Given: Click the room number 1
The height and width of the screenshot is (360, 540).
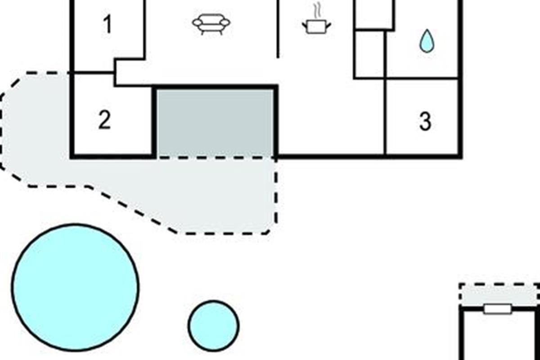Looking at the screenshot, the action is pyautogui.click(x=107, y=24).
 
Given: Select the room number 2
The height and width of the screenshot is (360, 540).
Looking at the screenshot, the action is pyautogui.click(x=104, y=120).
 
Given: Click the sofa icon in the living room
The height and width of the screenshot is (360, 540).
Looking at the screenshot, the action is pyautogui.click(x=211, y=24).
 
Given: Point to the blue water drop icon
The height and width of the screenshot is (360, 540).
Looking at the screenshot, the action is pyautogui.click(x=427, y=41).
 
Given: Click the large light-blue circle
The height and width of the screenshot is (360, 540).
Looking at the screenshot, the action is pyautogui.click(x=75, y=287).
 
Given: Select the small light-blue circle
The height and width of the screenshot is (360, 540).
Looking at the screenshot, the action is pyautogui.click(x=214, y=325).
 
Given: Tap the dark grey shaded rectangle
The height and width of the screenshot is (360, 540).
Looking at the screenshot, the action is pyautogui.click(x=215, y=123).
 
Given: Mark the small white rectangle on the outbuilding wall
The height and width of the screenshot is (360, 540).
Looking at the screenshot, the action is pyautogui.click(x=498, y=309).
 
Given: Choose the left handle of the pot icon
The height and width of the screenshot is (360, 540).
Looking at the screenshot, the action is pyautogui.click(x=305, y=25).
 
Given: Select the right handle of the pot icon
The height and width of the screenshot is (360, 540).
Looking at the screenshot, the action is pyautogui.click(x=328, y=25).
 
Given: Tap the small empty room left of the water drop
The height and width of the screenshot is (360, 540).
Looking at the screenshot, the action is pyautogui.click(x=369, y=54).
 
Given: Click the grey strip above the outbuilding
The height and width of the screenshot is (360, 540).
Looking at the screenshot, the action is pyautogui.click(x=499, y=295).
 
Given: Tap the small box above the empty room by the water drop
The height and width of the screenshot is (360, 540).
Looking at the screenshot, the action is pyautogui.click(x=374, y=14).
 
